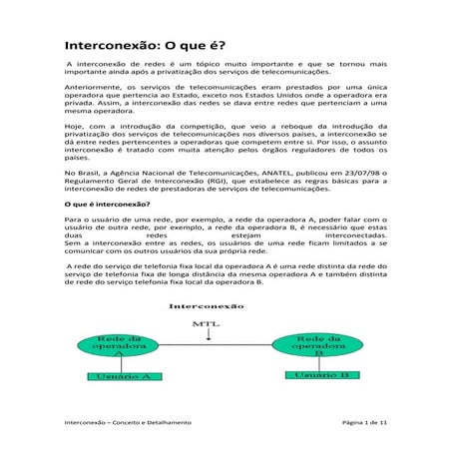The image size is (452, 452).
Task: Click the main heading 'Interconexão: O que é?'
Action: coord(145,47)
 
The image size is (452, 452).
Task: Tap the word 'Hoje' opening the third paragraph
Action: coord(73,128)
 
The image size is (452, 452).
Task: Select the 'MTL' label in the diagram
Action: coord(200,324)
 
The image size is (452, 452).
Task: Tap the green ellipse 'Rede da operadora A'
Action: coord(119,345)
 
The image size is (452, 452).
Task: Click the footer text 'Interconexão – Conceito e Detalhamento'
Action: coord(128,423)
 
